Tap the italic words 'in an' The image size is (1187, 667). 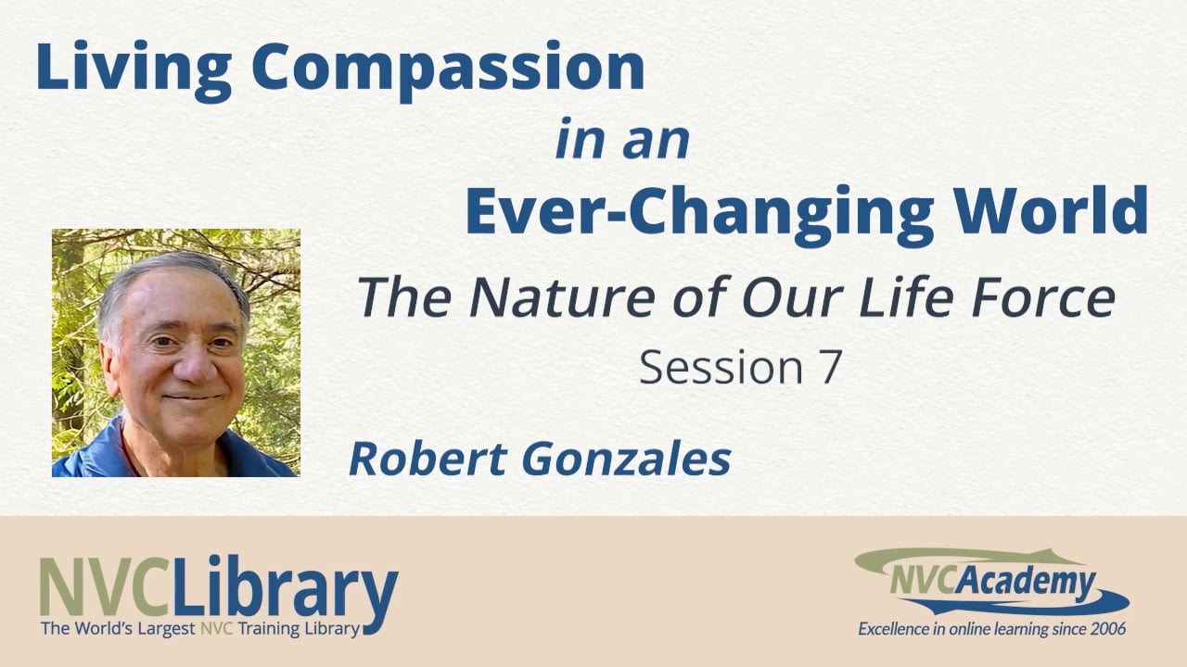622,139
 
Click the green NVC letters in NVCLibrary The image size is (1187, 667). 105,589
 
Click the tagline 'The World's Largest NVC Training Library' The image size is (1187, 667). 199,629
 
